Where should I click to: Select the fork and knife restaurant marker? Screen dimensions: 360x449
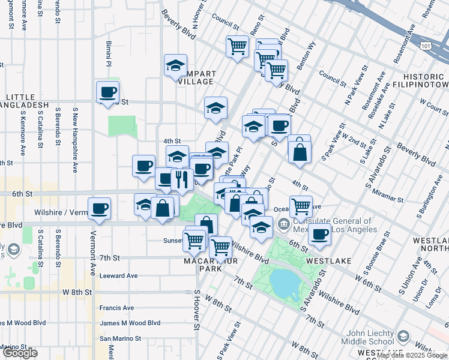[x=181, y=179]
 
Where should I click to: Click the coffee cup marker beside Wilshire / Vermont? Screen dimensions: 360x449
[x=99, y=209]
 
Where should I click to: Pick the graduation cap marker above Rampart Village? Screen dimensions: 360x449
[x=175, y=65]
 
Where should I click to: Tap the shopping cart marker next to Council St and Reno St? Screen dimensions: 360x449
[x=238, y=46]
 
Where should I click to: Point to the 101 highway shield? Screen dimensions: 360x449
[x=425, y=45]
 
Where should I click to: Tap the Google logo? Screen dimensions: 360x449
[x=19, y=353]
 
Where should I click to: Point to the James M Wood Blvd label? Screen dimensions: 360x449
[x=130, y=323]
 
